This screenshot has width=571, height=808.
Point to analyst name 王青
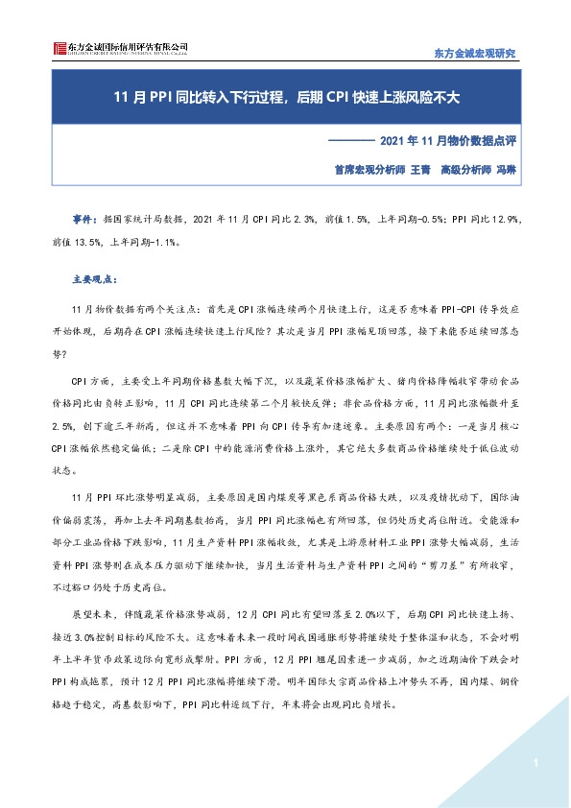coord(419,167)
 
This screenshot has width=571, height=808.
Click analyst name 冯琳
coord(506,167)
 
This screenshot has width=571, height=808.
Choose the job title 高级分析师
coord(464,167)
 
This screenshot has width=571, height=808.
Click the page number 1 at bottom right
coord(532,763)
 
